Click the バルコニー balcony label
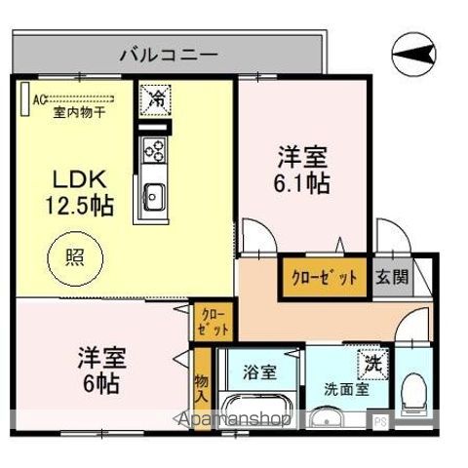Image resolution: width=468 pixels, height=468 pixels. [169, 54]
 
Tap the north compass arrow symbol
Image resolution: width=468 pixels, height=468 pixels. [413, 54]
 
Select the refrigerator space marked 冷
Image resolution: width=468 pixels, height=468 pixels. [155, 100]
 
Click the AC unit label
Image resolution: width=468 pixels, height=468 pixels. [38, 99]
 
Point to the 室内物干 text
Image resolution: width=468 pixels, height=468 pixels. [79, 112]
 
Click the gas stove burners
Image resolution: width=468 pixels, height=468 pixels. [154, 150]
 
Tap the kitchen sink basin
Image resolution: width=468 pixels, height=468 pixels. [155, 197]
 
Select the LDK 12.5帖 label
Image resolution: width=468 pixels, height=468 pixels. [80, 192]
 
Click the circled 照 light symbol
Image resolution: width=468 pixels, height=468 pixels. [75, 258]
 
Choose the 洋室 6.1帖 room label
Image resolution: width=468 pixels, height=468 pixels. [302, 171]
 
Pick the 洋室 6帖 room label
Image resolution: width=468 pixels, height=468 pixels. [101, 370]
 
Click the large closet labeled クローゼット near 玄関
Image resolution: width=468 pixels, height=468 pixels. [325, 278]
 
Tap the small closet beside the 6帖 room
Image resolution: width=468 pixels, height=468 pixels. [214, 322]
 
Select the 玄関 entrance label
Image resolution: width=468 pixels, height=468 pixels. [392, 278]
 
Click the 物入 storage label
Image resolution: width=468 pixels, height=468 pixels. [202, 389]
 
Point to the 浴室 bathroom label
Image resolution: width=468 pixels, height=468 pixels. [259, 372]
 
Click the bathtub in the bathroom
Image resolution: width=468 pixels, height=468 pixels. [256, 409]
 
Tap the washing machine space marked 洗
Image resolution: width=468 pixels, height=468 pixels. [373, 364]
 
